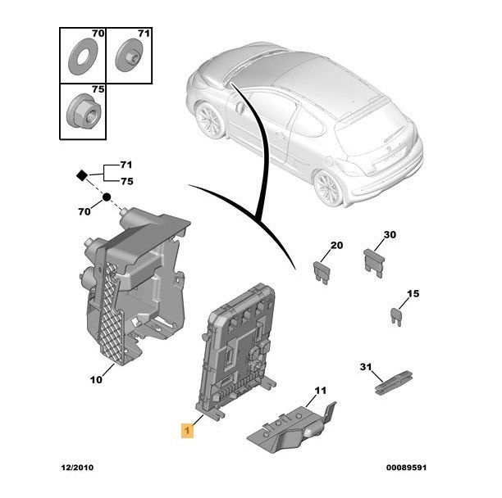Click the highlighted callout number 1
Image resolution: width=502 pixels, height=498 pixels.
(x=188, y=428)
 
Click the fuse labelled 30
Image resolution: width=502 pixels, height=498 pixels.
(x=376, y=260)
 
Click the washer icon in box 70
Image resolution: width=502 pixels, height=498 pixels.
(x=83, y=56)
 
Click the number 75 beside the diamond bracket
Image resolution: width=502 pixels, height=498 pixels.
(x=126, y=182)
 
